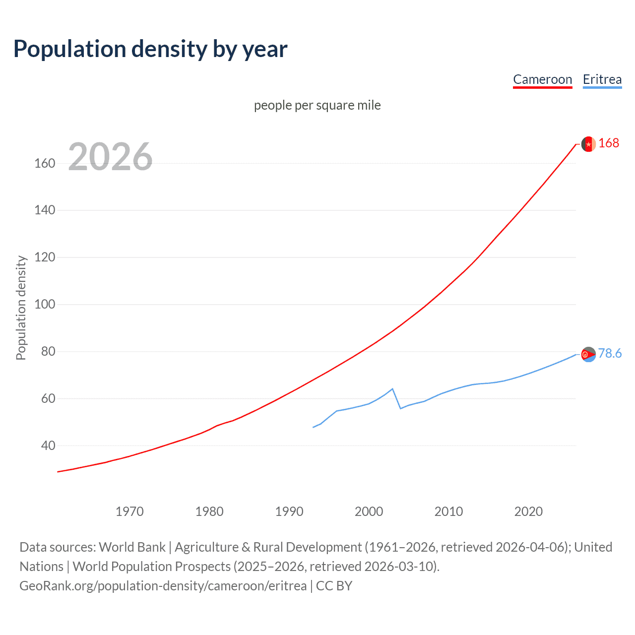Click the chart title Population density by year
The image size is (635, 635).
click(150, 49)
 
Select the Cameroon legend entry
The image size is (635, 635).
click(542, 79)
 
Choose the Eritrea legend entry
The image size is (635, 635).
click(602, 79)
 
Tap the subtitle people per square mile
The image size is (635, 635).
click(317, 105)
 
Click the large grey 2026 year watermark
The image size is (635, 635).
click(110, 157)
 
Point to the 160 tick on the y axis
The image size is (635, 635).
click(45, 163)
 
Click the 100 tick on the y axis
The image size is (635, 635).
click(45, 304)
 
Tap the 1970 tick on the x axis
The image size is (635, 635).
click(129, 511)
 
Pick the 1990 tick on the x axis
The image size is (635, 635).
click(289, 511)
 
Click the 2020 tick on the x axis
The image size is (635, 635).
click(528, 511)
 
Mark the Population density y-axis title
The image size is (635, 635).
click(21, 308)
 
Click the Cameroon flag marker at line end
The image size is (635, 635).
click(588, 144)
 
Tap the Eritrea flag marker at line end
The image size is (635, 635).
click(588, 354)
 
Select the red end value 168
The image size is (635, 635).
click(609, 143)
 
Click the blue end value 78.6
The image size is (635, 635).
click(610, 353)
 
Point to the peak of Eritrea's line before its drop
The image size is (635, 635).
click(392, 389)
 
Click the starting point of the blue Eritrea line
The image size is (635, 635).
click(313, 427)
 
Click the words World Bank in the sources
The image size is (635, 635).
click(132, 547)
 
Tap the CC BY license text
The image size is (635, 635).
click(334, 585)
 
